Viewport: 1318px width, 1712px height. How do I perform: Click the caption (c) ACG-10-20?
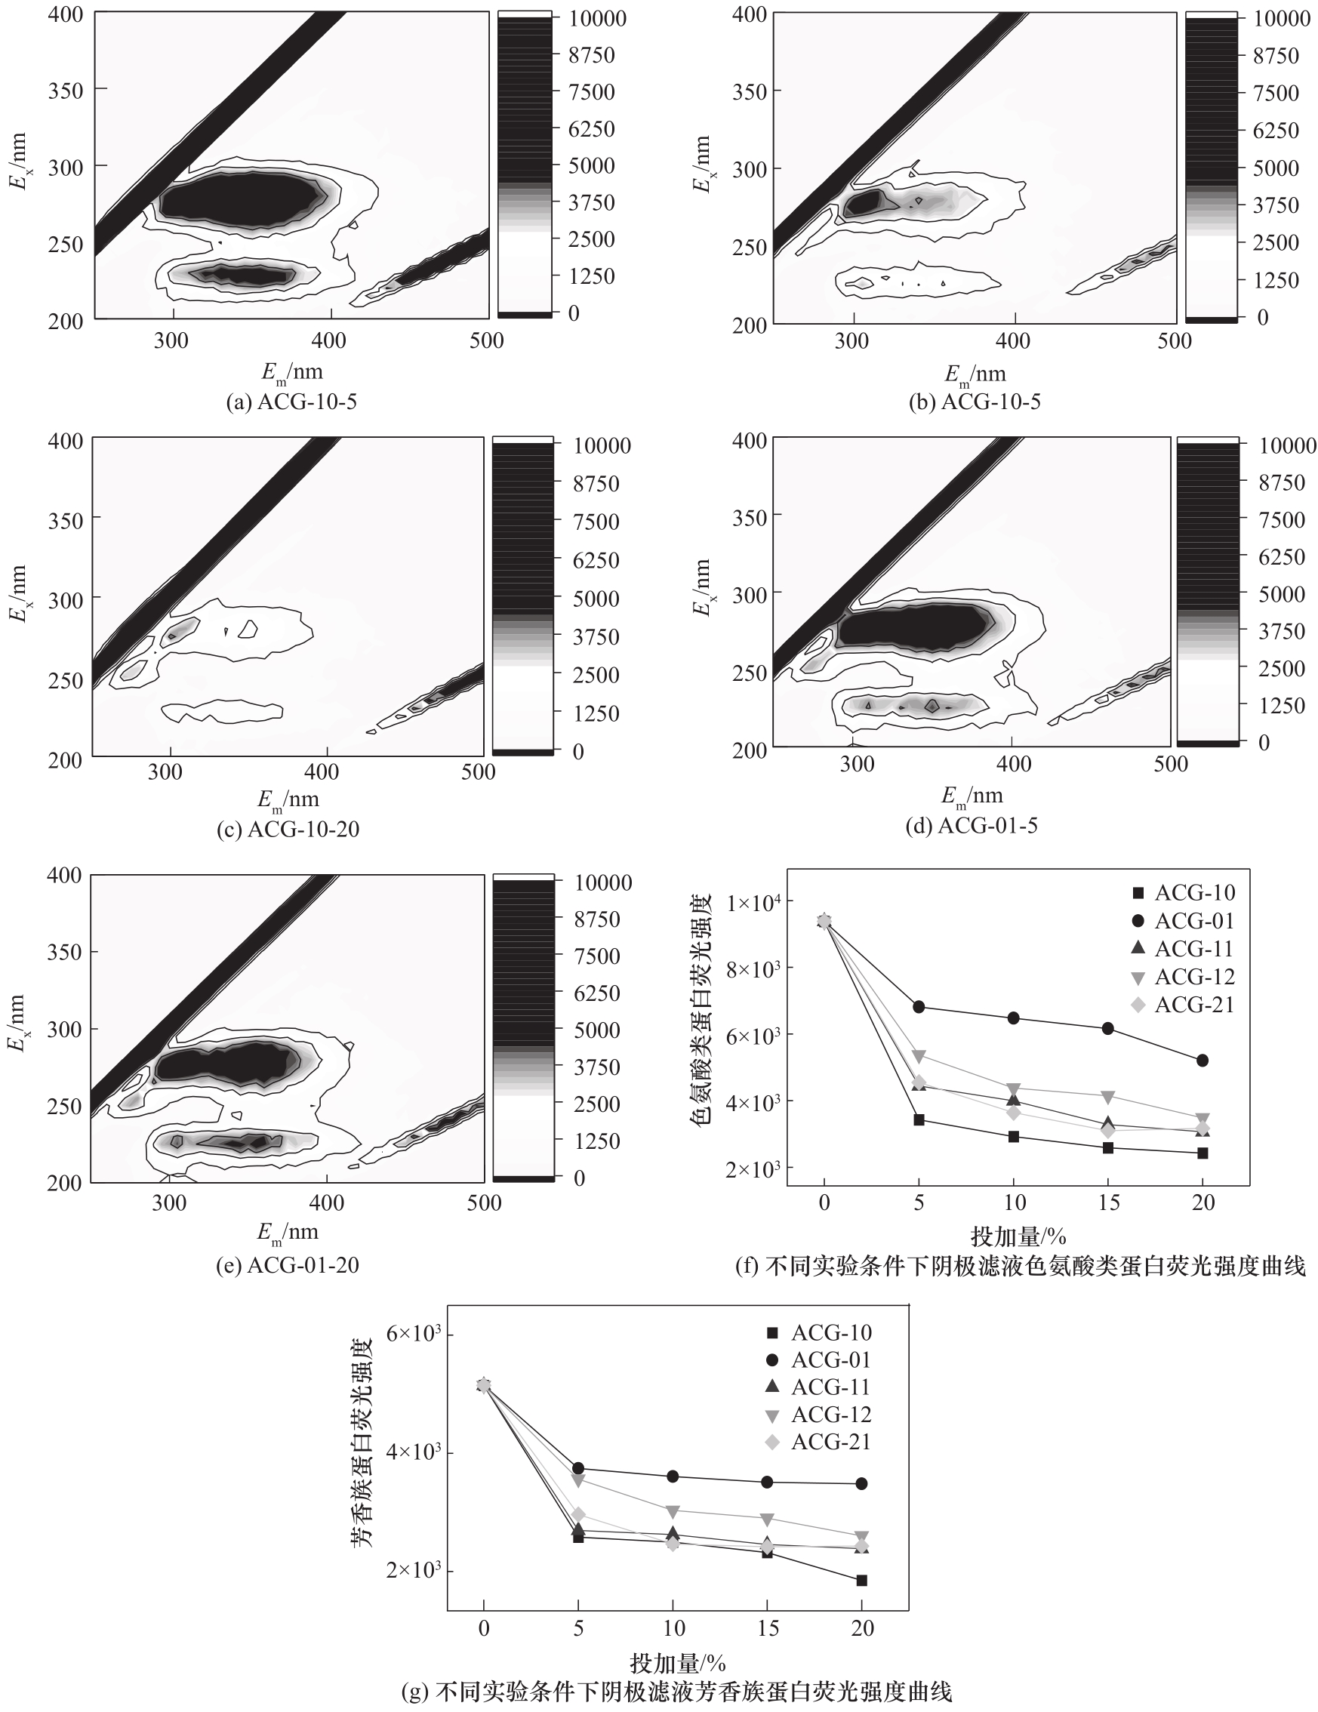point(288,830)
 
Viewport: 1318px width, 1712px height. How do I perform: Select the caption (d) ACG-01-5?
point(972,826)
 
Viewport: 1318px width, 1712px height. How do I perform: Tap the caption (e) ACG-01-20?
point(287,1265)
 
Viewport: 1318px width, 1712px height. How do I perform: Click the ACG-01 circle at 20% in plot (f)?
point(1203,1061)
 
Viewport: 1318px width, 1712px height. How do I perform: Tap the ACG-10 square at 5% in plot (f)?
point(919,1119)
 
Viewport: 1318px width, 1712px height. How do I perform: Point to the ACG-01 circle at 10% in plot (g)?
point(673,1476)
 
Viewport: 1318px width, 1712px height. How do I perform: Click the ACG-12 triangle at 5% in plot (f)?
point(919,1056)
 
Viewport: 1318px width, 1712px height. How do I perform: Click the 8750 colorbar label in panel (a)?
point(592,55)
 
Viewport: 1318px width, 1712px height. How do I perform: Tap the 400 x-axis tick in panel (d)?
point(1013,763)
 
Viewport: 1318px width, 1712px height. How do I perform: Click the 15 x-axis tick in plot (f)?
point(1108,1202)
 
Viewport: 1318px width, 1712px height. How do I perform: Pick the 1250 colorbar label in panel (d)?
point(1282,705)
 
